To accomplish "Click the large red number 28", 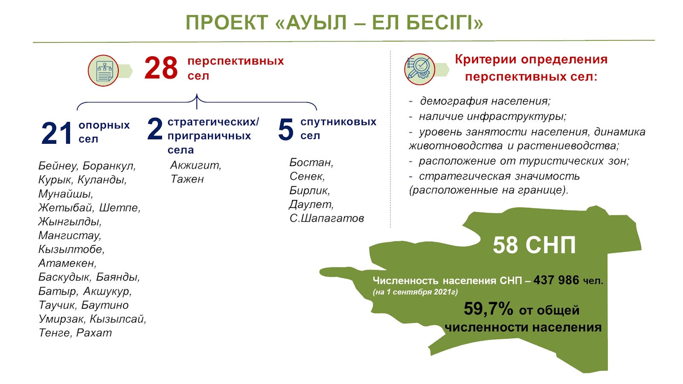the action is click(161, 68).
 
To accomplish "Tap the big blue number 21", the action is click(57, 133).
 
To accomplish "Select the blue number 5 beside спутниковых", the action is click(286, 130).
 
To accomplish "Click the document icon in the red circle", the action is click(104, 71).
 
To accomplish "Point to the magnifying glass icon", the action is click(420, 69).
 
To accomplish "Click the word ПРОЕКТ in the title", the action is click(227, 23).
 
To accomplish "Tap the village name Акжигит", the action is click(196, 165).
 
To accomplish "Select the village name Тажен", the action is click(187, 179).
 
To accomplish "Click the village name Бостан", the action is click(311, 163).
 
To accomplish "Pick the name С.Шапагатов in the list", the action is click(327, 218).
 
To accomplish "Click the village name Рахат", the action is click(94, 333).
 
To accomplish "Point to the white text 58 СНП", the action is click(534, 245).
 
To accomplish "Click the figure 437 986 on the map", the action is click(556, 280).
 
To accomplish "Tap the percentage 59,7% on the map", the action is click(488, 309).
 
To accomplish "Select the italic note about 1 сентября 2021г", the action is click(415, 292).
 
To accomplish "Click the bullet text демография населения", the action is click(485, 101).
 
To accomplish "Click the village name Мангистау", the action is click(70, 236).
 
